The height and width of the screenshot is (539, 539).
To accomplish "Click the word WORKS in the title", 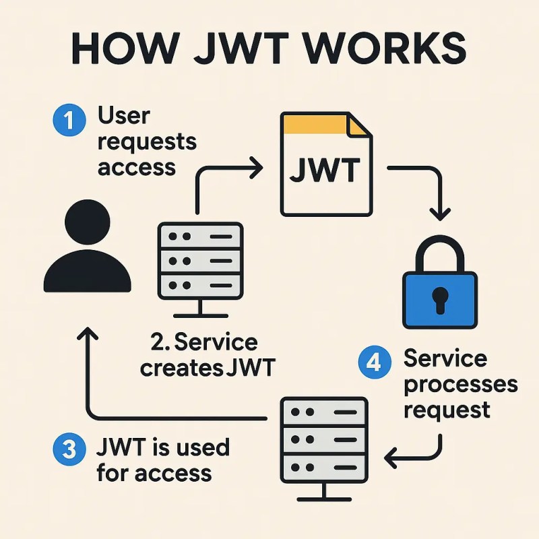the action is point(385,48).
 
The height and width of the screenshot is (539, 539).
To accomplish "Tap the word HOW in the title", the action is point(126,48).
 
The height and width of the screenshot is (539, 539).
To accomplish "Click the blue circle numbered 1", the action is point(69,120).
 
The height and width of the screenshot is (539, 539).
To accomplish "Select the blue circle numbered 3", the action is point(69,449).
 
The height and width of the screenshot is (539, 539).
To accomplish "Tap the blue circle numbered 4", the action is point(375,362).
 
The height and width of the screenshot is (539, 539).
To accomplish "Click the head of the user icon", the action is point(88,222).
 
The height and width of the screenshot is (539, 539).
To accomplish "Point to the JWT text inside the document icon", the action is point(325,170).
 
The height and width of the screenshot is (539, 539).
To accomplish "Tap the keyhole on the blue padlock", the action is point(440,300).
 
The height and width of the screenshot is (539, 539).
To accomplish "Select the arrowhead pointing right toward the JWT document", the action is point(257,168).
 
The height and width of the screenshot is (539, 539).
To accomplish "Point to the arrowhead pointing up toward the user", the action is point(88,334).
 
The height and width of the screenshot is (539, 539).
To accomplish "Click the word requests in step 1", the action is point(147,142).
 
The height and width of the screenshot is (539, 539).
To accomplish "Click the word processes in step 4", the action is point(461,385).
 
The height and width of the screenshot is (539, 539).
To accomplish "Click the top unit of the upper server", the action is point(200,236).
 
